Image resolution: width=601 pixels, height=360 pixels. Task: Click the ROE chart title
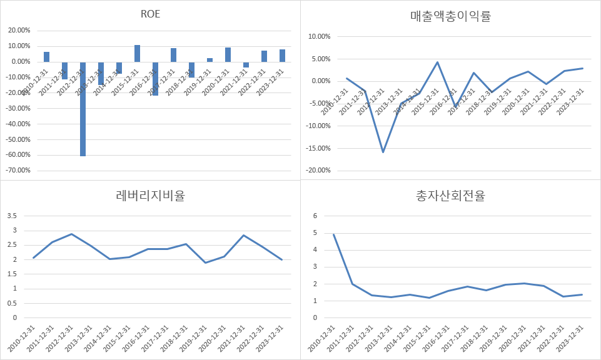click(x=150, y=14)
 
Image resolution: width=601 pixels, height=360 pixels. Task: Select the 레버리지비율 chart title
click(x=150, y=196)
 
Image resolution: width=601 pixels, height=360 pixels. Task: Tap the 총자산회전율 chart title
click(x=450, y=196)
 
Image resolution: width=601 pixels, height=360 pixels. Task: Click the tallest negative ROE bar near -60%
click(x=83, y=109)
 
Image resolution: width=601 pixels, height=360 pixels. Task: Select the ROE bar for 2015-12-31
click(x=137, y=54)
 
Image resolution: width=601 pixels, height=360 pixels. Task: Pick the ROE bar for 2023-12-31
click(x=282, y=56)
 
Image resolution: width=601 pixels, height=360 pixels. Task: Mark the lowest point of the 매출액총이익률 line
click(x=383, y=152)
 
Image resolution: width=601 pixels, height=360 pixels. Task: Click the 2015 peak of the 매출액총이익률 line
click(x=437, y=62)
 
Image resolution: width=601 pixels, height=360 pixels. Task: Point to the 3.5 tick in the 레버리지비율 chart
click(x=13, y=216)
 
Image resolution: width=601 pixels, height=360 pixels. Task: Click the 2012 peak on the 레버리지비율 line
click(x=72, y=234)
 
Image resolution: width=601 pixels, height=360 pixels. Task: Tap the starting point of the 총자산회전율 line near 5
click(x=333, y=235)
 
